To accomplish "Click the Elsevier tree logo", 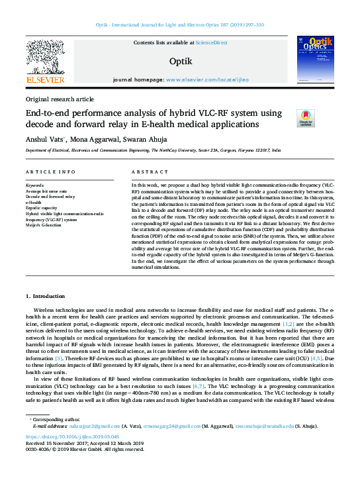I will point(44,58).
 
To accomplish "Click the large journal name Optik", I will point(181,61).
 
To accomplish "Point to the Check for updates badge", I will point(305,118).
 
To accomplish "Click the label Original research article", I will point(60,99).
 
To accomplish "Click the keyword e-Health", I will point(34,203).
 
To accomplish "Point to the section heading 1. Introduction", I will point(46,296).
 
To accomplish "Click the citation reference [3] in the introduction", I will point(59,358).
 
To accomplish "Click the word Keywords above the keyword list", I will point(36,186).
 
